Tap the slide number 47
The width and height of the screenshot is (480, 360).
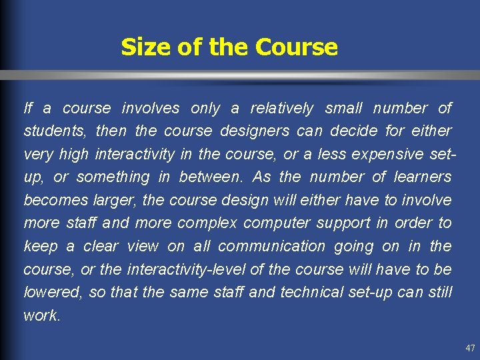(x=470, y=348)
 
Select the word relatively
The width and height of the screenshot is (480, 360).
(x=281, y=108)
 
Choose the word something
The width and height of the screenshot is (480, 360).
(x=113, y=177)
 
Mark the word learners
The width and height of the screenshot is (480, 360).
(x=422, y=177)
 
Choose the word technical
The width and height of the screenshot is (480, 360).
(x=310, y=293)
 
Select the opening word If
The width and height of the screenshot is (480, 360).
(x=27, y=108)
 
